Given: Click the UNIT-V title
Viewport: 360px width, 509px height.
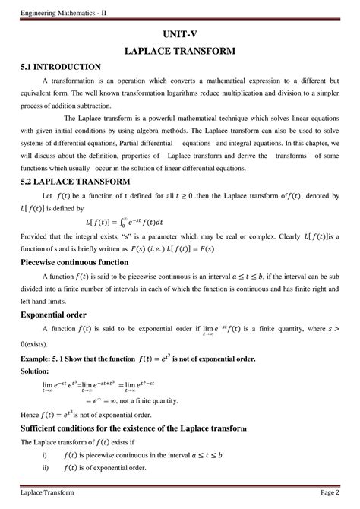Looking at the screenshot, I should [x=179, y=35].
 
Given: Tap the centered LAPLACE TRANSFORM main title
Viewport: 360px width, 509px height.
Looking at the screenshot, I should [x=179, y=51].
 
